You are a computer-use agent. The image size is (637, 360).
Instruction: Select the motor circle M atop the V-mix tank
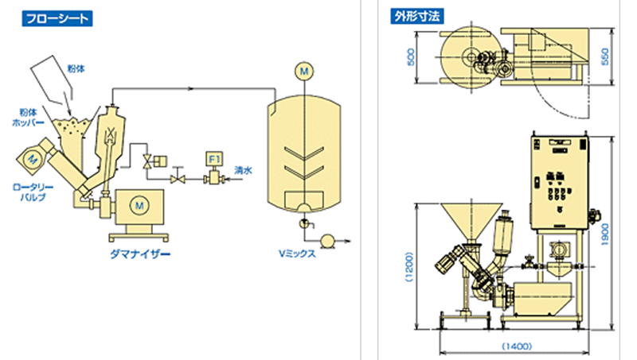[x=303, y=72]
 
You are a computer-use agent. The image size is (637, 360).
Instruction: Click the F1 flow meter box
[x=214, y=159]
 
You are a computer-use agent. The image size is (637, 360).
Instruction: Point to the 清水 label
[x=243, y=170]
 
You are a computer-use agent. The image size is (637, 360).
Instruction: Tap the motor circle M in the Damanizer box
[x=139, y=206]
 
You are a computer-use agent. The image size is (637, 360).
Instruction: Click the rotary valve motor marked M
[x=32, y=159]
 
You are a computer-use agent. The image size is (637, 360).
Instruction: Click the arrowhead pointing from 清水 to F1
[x=227, y=181]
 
